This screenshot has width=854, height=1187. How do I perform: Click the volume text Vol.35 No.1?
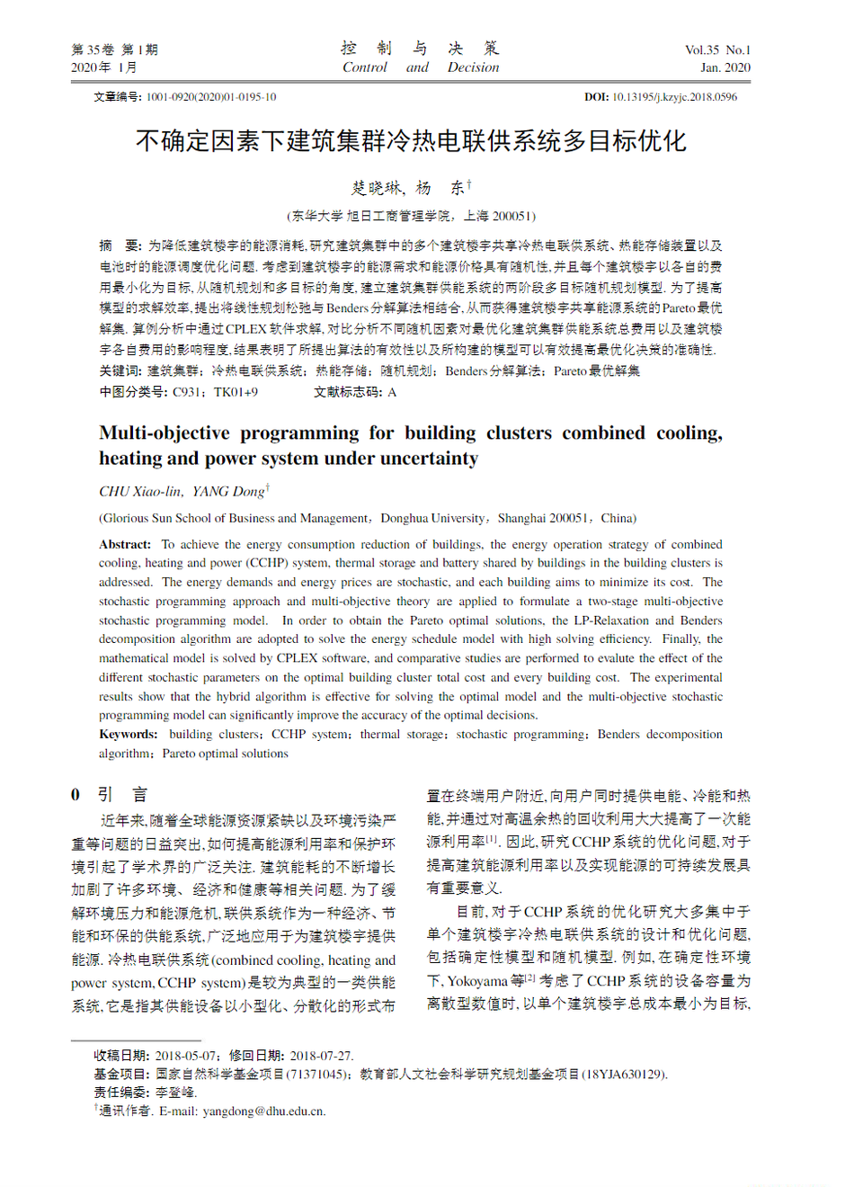(717, 50)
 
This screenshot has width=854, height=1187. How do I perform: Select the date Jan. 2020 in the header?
(725, 67)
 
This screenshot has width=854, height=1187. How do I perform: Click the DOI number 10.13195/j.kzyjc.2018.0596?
(674, 97)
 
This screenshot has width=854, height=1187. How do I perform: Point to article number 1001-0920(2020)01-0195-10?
(211, 97)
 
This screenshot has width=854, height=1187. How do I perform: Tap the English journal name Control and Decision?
(420, 67)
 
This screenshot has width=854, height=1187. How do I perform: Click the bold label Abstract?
(125, 544)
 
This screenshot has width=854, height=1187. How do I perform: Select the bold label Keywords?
(129, 734)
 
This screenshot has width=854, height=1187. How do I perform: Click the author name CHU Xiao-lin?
(140, 491)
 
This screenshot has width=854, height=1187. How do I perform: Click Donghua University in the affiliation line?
(432, 518)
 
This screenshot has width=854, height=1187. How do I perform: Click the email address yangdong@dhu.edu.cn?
(263, 1111)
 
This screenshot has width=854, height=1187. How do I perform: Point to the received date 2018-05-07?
(186, 1055)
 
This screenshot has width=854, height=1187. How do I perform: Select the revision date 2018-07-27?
(320, 1055)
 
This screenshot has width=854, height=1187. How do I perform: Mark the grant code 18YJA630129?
(626, 1074)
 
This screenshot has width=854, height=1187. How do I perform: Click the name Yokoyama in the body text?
(477, 980)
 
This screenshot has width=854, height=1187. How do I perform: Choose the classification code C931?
(187, 392)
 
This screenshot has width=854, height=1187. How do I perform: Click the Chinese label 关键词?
(120, 370)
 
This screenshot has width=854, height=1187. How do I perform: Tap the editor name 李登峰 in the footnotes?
(175, 1092)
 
